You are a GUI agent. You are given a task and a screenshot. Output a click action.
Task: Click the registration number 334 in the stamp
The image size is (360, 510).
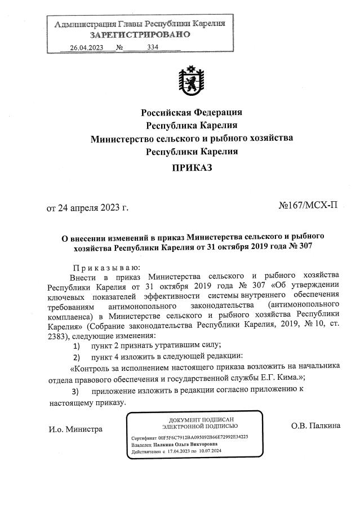[152, 47]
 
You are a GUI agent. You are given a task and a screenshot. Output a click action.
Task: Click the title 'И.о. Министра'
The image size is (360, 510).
[75, 429]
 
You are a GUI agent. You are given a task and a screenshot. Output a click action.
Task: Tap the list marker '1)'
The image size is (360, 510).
[76, 345]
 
